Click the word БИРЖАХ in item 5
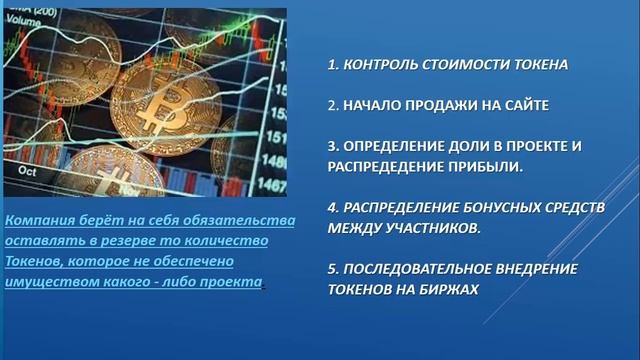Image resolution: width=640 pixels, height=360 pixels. click(452, 288)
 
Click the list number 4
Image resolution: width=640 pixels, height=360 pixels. click(332, 206)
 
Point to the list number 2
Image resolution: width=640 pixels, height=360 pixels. click(332, 104)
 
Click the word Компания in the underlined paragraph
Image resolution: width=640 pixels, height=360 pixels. click(37, 221)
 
